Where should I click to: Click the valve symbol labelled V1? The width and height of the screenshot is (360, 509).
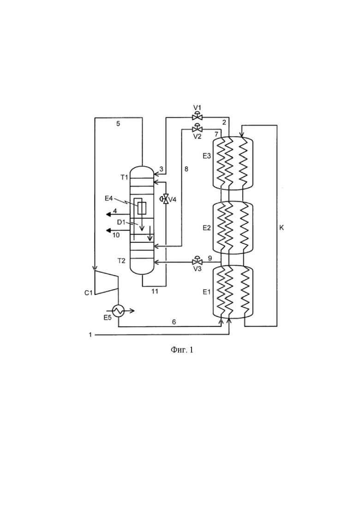197,116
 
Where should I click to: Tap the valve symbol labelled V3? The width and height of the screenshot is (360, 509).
197,261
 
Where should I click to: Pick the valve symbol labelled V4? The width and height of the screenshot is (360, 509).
165,199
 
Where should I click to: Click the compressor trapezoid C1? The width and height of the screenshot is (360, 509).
106,282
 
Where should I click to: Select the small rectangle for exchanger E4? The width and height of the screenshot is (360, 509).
142,208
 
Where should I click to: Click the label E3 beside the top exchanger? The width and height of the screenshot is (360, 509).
207,156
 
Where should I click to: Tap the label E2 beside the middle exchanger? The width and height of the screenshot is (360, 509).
207,228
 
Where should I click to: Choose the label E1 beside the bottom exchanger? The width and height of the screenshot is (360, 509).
206,292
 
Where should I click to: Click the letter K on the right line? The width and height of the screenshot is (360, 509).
282,228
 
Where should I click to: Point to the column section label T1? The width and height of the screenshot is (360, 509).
124,178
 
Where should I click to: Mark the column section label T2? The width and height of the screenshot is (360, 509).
121,260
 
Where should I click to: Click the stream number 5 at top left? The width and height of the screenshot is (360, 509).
118,124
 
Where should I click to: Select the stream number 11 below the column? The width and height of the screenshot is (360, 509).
155,292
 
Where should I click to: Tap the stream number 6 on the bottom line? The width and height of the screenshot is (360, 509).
174,322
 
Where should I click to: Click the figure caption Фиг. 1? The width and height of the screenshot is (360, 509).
182,350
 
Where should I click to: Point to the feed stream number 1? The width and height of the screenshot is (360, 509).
90,335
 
